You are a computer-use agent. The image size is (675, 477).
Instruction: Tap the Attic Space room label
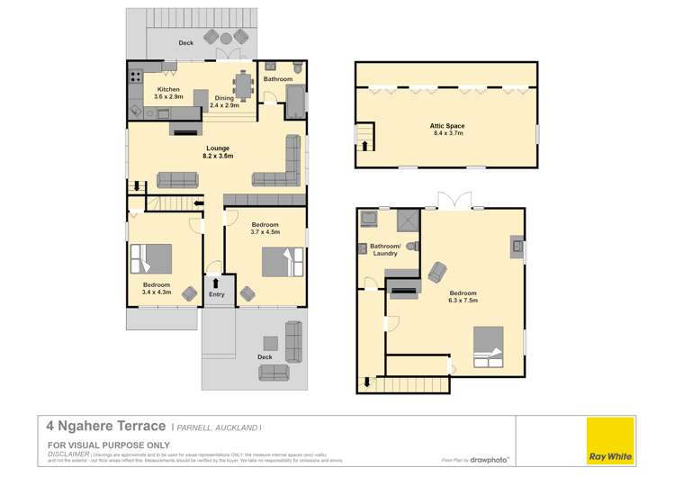pos(446,130)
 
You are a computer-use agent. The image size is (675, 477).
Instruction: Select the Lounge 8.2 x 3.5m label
pos(217,152)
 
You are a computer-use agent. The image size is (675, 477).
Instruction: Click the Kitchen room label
pos(168,94)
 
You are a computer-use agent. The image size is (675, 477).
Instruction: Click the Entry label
pos(216,294)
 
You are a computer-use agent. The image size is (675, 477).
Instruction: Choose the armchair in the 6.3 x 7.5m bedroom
pos(436,271)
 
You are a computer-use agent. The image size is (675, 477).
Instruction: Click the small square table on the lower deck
pos(270,342)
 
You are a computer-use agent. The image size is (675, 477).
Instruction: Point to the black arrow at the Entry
pos(216,283)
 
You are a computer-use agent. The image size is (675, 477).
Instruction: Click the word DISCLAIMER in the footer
pos(67,454)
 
